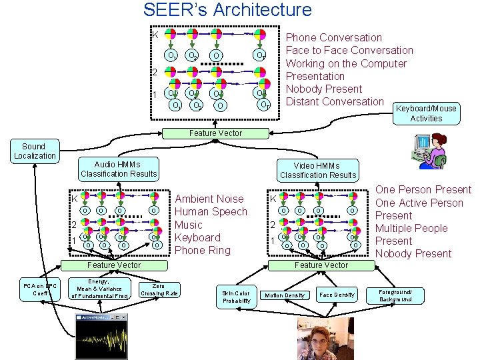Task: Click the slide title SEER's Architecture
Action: (227, 10)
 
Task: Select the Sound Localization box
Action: (35, 151)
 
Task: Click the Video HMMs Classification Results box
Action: (318, 171)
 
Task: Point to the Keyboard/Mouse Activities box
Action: (426, 113)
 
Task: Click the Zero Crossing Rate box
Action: (159, 290)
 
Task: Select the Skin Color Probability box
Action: (236, 297)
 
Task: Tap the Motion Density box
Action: (285, 295)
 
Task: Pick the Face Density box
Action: (337, 295)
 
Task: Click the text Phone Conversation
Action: (333, 38)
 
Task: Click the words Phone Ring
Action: (202, 251)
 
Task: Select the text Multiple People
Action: (411, 228)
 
